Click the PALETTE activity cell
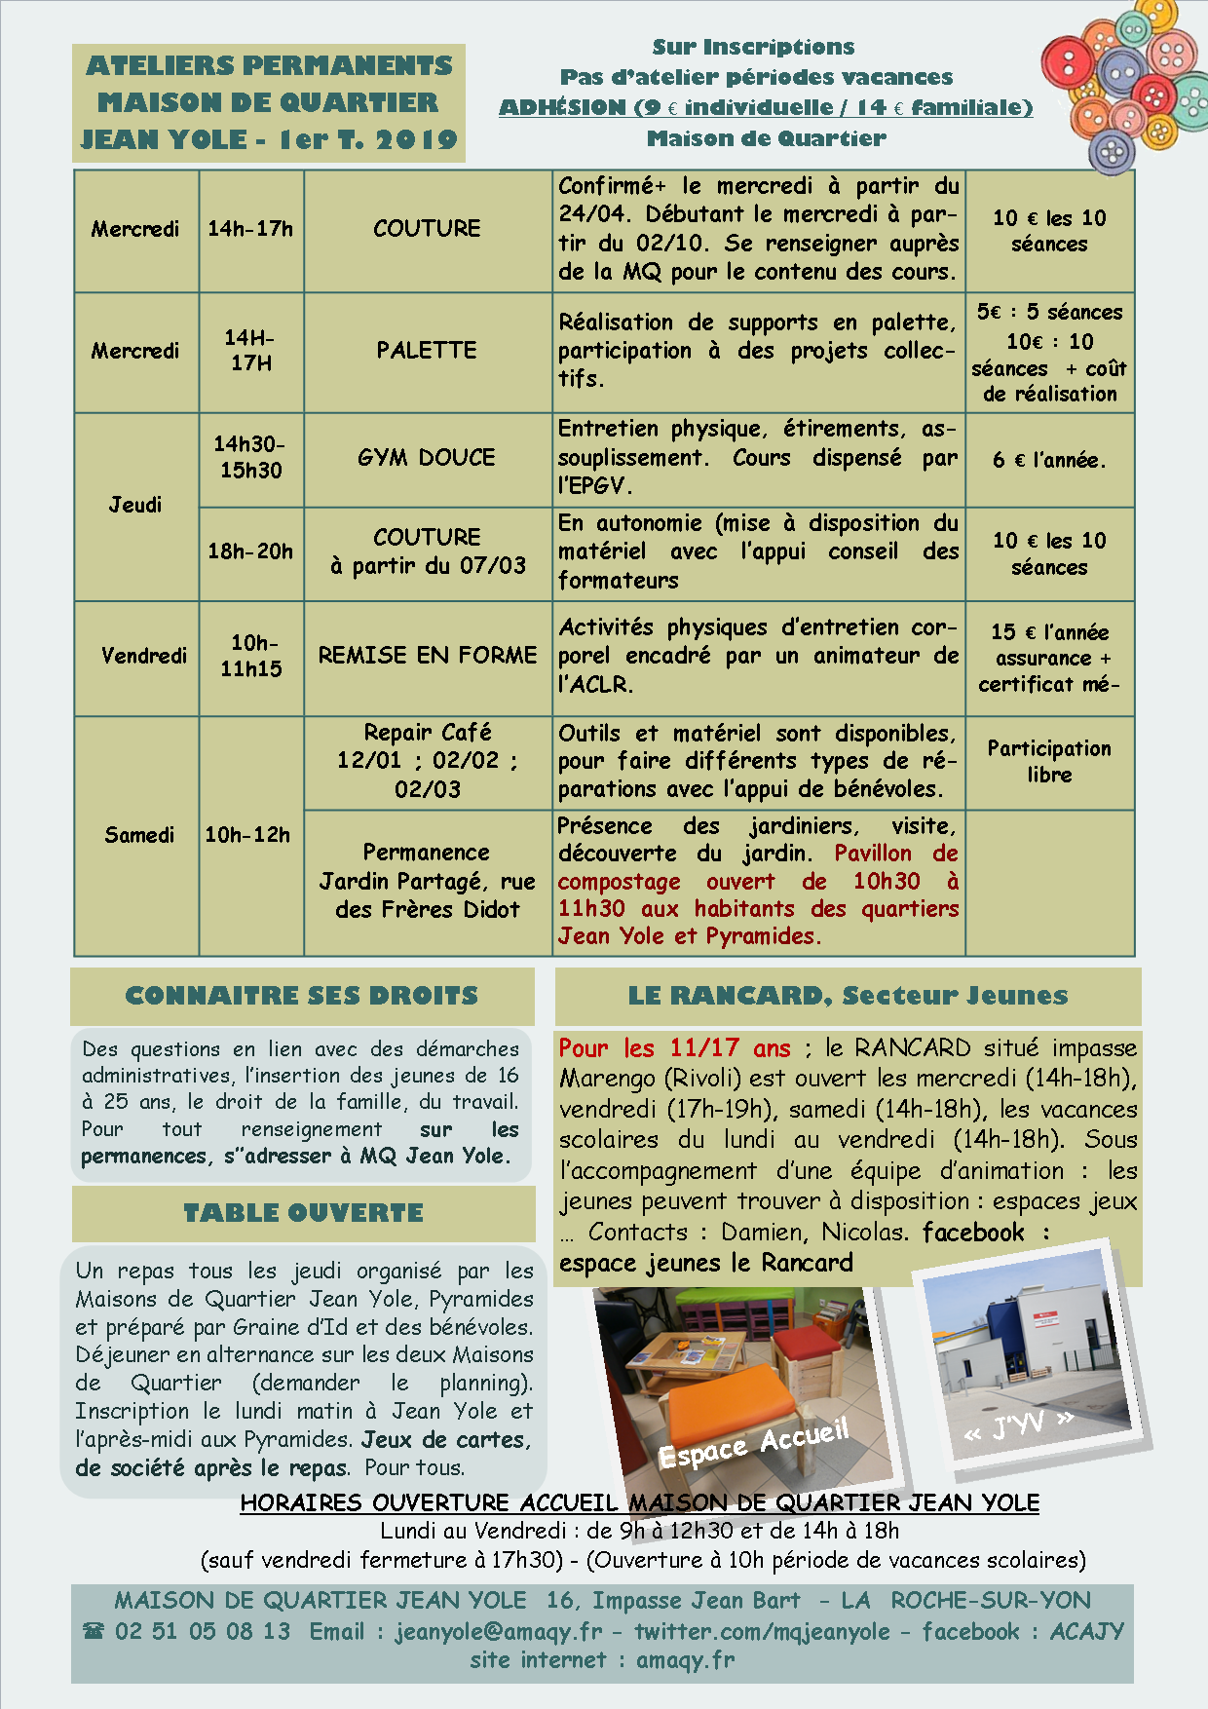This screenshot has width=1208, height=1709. click(427, 351)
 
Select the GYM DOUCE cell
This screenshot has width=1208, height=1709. click(427, 458)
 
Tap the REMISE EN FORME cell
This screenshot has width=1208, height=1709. click(428, 656)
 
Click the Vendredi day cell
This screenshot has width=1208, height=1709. click(143, 656)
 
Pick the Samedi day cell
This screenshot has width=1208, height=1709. click(139, 835)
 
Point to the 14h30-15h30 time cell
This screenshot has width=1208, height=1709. click(250, 457)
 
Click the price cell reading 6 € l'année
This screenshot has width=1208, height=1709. click(1049, 460)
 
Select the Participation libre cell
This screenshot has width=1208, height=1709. click(1049, 761)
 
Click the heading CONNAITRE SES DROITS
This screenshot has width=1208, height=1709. click(302, 996)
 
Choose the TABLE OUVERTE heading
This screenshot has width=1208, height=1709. click(304, 1213)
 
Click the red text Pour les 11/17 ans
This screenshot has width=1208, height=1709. click(674, 1048)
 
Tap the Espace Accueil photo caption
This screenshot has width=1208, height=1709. click(754, 1444)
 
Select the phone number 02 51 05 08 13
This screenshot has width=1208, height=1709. click(203, 1631)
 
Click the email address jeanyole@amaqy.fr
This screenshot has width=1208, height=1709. click(499, 1631)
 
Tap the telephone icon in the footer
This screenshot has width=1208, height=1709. click(94, 1631)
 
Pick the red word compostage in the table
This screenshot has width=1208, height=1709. click(619, 882)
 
